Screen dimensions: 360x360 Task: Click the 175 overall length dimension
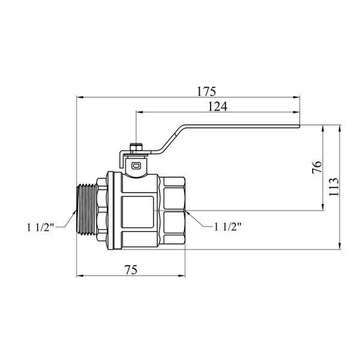coord(206,92)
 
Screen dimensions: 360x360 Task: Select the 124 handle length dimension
coord(217,107)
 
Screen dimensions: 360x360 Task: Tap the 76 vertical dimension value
coord(317,167)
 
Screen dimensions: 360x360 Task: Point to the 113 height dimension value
coord(334,187)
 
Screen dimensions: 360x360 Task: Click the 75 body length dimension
coord(131,270)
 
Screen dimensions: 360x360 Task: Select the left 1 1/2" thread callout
coord(40,227)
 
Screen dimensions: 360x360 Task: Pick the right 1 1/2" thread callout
coord(228,227)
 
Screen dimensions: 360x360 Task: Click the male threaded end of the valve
coord(86,209)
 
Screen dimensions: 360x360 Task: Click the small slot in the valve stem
coord(136,166)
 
